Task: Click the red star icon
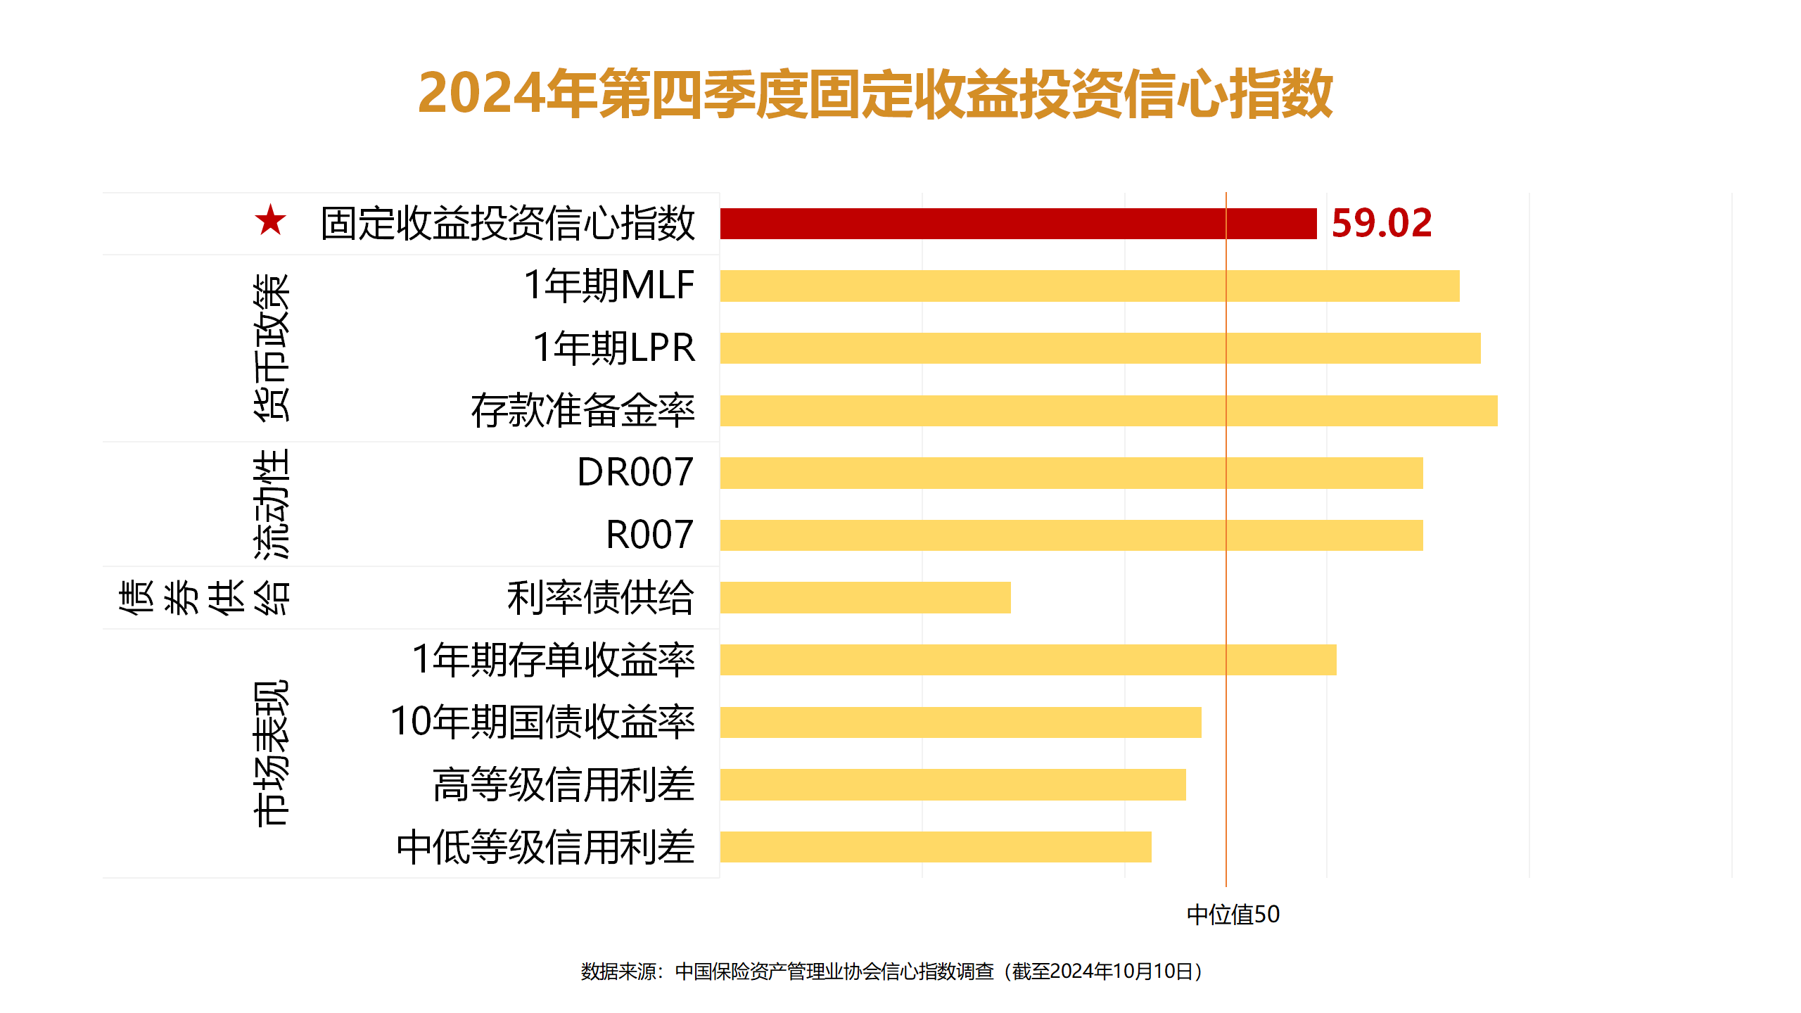coord(271,221)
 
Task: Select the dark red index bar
coord(1017,224)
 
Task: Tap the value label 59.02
coord(1381,224)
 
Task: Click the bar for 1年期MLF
coord(1089,286)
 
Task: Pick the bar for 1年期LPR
coord(1100,348)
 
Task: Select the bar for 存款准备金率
coord(1108,411)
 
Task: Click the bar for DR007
coord(1071,473)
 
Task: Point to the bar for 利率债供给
coord(865,597)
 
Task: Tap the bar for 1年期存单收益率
coord(1027,660)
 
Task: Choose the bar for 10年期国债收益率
coord(960,722)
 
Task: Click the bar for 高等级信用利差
coord(953,784)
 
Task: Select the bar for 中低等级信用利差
coord(935,847)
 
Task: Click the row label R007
coord(649,535)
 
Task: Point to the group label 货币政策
coord(272,348)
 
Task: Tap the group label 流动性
coord(272,504)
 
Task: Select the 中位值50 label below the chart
coord(1233,915)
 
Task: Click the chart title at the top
coord(875,94)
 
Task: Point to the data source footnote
coord(892,971)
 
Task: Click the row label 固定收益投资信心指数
coord(507,224)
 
